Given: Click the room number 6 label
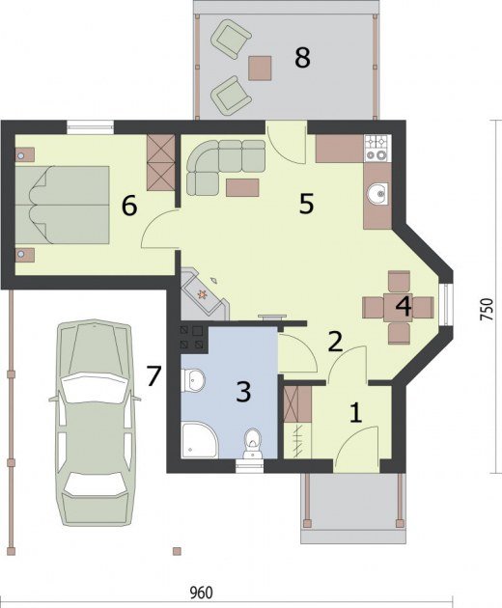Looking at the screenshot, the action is point(129,206).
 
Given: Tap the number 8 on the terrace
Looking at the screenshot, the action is point(302,58).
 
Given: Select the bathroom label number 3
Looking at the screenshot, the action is point(243,392).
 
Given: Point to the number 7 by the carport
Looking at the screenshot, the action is point(153,376).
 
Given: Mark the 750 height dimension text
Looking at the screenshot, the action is point(487,309).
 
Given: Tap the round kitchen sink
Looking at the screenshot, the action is point(376,193).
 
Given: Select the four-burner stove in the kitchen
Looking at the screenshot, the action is point(376,148).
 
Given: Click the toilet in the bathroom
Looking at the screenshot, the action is point(253,443).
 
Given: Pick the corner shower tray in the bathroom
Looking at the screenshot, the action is point(200,440).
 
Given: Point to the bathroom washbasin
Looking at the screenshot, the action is point(193,379).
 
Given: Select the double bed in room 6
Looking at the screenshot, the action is point(62,205).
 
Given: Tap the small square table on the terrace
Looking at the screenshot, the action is point(260,68).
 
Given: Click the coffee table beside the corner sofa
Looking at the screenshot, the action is point(242,187).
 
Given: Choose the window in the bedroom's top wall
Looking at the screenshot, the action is point(90,127).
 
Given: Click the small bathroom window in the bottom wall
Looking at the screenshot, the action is point(250,466).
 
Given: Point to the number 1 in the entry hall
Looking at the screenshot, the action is point(356,413).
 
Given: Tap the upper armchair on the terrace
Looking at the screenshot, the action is point(231,39).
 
